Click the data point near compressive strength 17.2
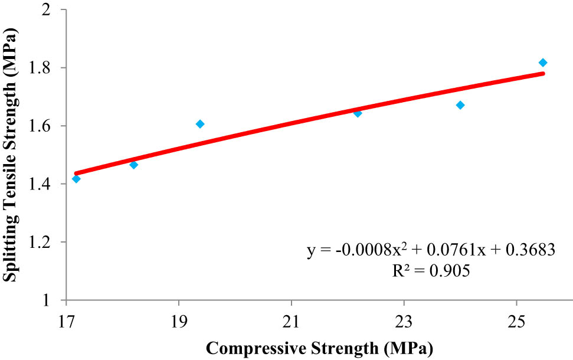(76, 179)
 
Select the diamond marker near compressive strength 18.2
(133, 165)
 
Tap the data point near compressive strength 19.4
(200, 124)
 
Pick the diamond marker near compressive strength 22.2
(358, 113)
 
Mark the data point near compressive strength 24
(460, 105)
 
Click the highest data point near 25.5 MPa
(543, 63)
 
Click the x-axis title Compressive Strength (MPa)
(319, 347)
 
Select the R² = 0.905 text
(431, 273)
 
